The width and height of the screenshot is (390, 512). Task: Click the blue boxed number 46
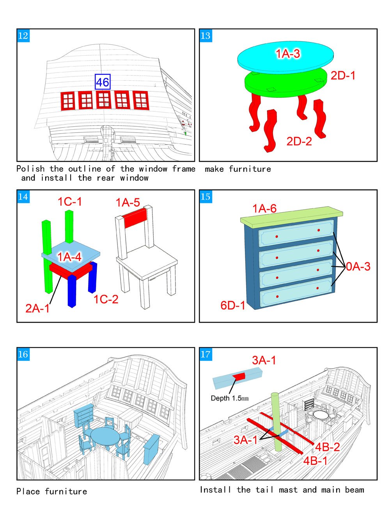(x=103, y=82)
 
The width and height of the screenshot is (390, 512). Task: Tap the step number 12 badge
(x=23, y=36)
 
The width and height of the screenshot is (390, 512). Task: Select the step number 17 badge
(x=206, y=354)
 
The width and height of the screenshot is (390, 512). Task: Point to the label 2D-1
(x=343, y=76)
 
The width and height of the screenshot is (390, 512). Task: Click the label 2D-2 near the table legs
(x=299, y=141)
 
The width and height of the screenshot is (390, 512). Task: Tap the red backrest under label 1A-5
(x=135, y=218)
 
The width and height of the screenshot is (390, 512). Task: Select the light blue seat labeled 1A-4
(x=71, y=256)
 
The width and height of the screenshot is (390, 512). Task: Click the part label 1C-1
(x=70, y=201)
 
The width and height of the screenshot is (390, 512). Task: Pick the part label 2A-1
(x=37, y=308)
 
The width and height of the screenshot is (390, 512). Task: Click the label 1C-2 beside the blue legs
(x=106, y=299)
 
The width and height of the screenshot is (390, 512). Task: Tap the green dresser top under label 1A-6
(x=291, y=215)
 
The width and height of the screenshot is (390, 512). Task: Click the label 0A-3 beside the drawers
(x=358, y=267)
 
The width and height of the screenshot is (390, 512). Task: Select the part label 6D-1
(x=233, y=305)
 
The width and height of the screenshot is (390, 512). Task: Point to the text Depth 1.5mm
(x=229, y=398)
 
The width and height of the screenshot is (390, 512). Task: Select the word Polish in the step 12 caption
(x=30, y=169)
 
